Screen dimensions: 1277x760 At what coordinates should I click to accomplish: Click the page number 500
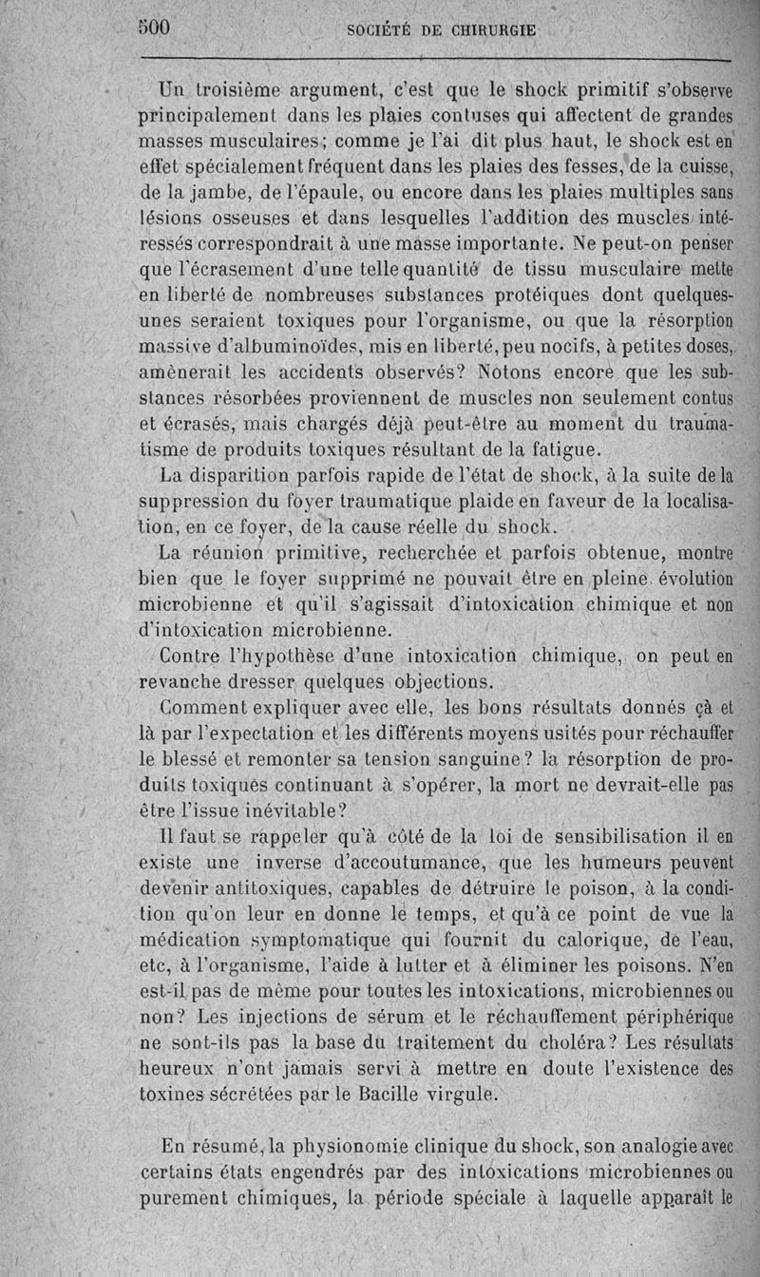(153, 28)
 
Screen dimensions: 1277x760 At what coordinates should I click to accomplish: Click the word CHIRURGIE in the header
(484, 30)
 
